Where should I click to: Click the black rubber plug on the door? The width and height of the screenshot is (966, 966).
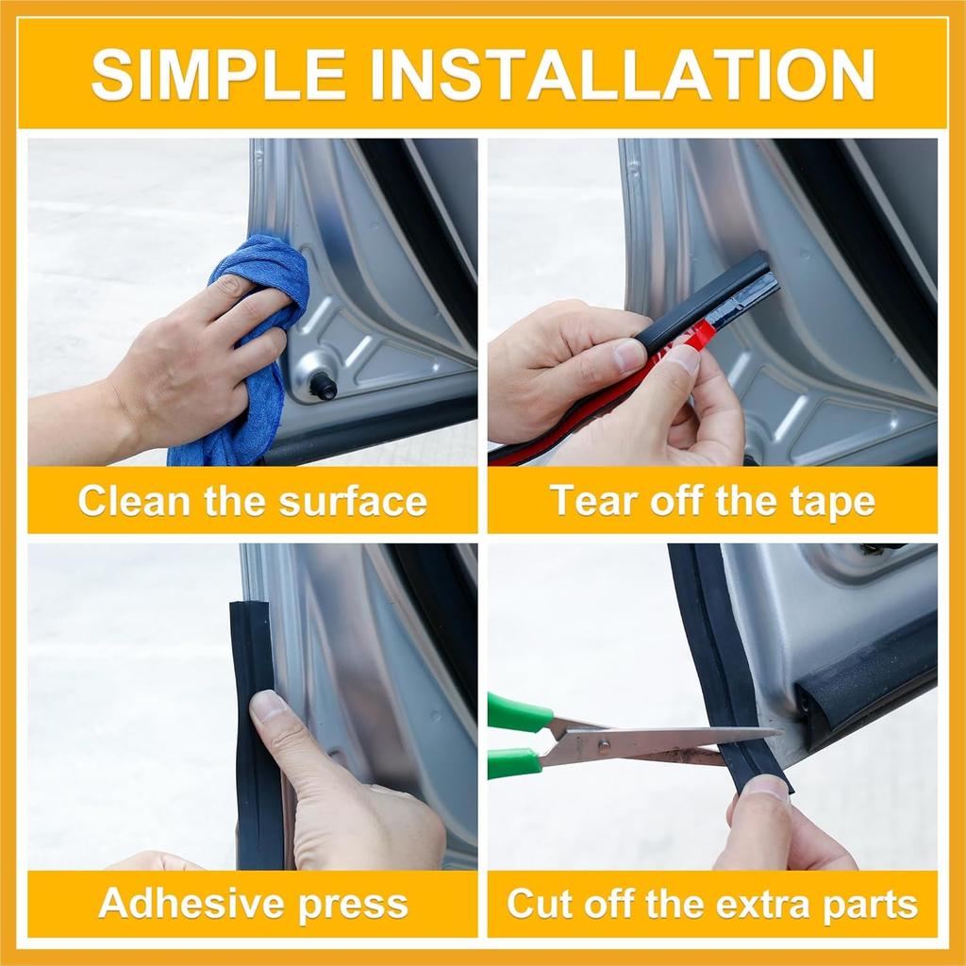[324, 385]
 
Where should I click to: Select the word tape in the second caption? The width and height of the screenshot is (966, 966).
[833, 501]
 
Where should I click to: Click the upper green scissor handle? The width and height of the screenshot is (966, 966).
[517, 713]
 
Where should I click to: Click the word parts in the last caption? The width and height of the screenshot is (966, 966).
[867, 903]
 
